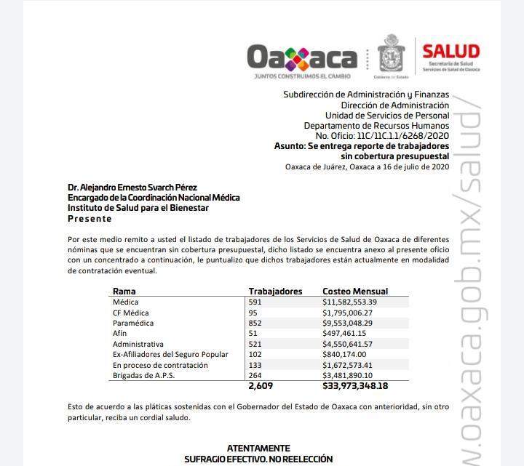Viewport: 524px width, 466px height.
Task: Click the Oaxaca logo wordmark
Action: coord(302,57)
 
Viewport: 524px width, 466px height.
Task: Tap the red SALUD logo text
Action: coord(451,51)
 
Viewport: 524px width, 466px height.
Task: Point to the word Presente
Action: coord(90,218)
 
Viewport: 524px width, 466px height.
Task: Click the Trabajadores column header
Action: coord(275,291)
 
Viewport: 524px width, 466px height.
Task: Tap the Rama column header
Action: coord(124,291)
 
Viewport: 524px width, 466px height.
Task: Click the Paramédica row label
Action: coord(133,323)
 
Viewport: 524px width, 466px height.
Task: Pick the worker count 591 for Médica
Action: coord(256,302)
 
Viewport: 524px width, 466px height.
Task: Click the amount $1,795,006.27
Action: coord(352,313)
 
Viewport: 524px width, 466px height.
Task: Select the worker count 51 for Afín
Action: coord(254,333)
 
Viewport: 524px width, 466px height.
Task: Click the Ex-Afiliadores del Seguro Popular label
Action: coord(170,354)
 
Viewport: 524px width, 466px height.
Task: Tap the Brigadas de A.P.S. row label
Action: coord(144,375)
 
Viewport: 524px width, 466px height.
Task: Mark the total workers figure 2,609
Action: coord(261,386)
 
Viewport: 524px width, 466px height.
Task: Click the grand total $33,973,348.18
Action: coord(365,386)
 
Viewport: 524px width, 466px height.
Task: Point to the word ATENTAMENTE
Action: coord(258,449)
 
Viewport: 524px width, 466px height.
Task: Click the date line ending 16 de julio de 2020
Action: coord(367,166)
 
